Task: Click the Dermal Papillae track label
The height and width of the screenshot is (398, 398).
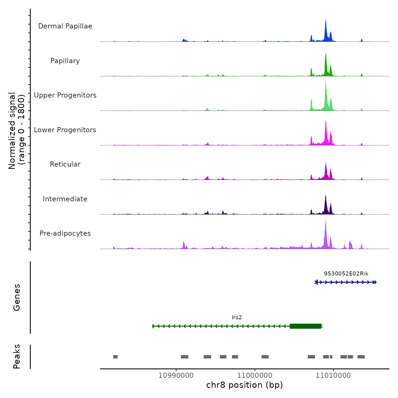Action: pyautogui.click(x=65, y=26)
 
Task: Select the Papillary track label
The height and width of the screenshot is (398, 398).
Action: pyautogui.click(x=65, y=61)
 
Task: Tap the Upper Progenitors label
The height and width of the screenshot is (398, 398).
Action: pyautogui.click(x=65, y=95)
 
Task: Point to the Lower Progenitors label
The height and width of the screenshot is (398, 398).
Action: pyautogui.click(x=65, y=130)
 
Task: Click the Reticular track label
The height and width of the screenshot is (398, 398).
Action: pyautogui.click(x=65, y=164)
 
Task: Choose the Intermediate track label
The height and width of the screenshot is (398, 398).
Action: pyautogui.click(x=65, y=199)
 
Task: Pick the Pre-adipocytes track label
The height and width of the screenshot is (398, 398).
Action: pyautogui.click(x=65, y=233)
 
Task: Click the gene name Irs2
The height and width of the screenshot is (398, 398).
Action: pyautogui.click(x=237, y=318)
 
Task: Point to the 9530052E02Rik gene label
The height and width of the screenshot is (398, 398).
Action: pyautogui.click(x=346, y=274)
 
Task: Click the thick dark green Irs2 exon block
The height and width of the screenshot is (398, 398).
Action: pyautogui.click(x=305, y=326)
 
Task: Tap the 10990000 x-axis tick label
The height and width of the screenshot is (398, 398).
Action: pyautogui.click(x=176, y=375)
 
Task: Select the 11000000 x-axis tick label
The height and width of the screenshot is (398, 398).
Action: pyautogui.click(x=255, y=375)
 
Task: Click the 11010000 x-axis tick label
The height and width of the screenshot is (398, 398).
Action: pyautogui.click(x=333, y=375)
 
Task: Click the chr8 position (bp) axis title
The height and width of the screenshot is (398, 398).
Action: pyautogui.click(x=244, y=385)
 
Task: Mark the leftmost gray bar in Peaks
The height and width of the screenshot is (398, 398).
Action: pyautogui.click(x=115, y=357)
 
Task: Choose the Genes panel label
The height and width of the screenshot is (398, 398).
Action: pyautogui.click(x=16, y=297)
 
